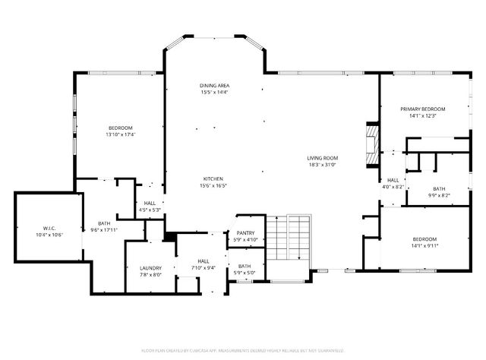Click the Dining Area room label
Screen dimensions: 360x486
coord(215,86)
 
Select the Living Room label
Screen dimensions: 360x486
coord(322,157)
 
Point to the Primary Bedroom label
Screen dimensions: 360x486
coord(423,109)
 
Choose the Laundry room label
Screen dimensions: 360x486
coord(150,268)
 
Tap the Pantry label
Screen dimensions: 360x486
coord(245,233)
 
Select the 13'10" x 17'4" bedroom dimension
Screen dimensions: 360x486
coord(120,134)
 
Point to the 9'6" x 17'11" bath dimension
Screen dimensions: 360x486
coord(103,230)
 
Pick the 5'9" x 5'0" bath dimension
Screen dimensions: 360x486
coord(245,273)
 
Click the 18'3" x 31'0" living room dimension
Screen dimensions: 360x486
coord(322,164)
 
